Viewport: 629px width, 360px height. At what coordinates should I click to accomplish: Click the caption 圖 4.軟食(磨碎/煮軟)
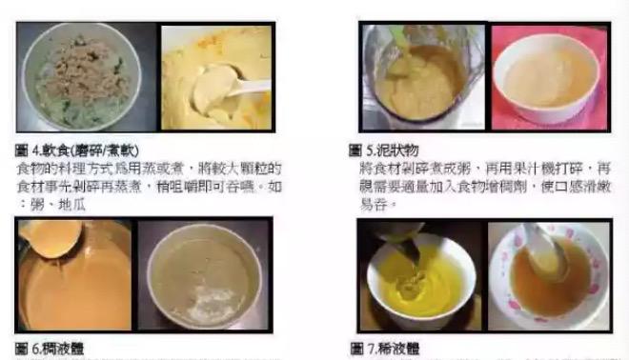pyautogui.click(x=75, y=150)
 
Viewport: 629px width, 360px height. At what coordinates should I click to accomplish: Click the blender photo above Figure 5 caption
pyautogui.click(x=420, y=76)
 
